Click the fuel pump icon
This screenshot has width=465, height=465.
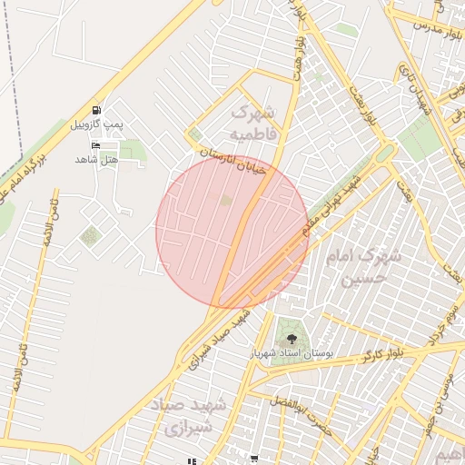[97, 107]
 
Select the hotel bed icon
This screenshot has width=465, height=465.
[96, 145]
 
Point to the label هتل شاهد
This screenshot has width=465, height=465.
[97, 159]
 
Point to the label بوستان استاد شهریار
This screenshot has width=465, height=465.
[291, 351]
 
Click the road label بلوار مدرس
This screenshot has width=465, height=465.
[428, 25]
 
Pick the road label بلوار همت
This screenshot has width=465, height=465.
[297, 54]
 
